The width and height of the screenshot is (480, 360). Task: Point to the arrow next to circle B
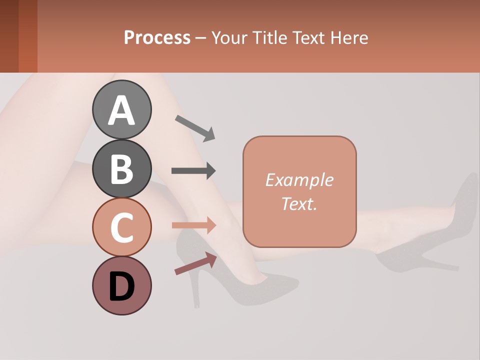point(193,171)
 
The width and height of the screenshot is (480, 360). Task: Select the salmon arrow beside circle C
point(193,225)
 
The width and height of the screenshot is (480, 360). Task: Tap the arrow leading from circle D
point(195,263)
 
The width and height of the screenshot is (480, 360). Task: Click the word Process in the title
point(157,38)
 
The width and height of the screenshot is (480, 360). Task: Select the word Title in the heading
point(269,38)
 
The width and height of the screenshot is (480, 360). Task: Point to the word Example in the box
point(299,180)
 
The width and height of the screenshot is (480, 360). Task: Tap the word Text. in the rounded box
point(299,203)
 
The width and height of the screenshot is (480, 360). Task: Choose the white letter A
point(121,110)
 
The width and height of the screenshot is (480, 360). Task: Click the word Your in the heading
point(230,38)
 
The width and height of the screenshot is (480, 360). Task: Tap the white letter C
point(121,227)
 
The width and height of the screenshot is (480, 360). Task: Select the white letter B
point(121,169)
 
